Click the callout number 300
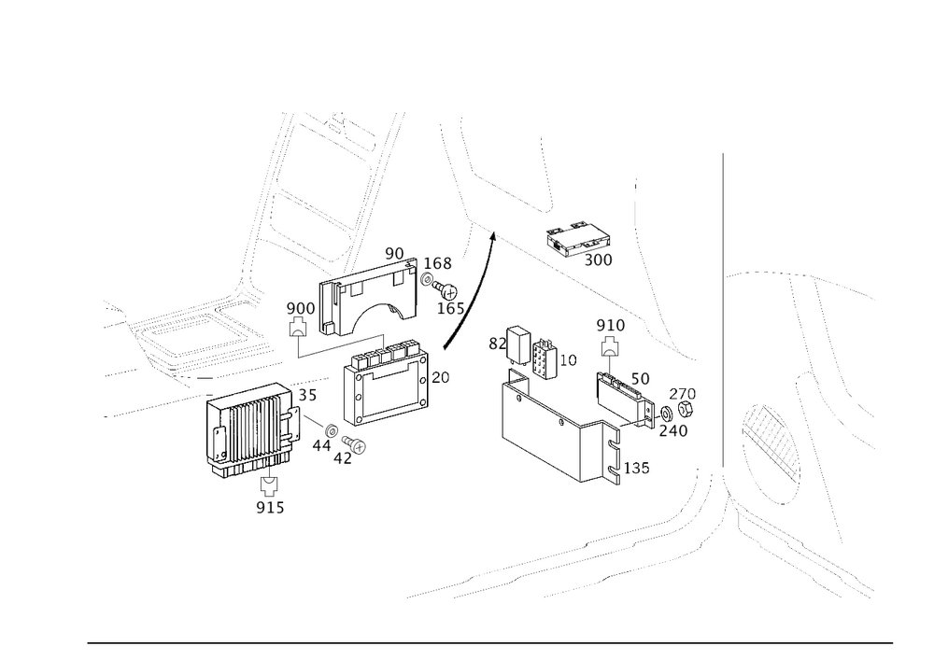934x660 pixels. point(598,260)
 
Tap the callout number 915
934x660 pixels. point(271,508)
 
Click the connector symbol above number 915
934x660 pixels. point(270,486)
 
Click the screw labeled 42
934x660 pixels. point(354,443)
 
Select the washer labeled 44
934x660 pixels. point(332,429)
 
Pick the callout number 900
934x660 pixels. point(301,308)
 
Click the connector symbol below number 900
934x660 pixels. point(297,328)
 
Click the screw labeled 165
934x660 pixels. point(445,291)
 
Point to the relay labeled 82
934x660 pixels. point(517,344)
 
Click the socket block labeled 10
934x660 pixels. point(545,358)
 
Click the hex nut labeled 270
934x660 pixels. point(685,409)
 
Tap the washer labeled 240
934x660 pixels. point(665,413)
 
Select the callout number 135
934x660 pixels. point(636,469)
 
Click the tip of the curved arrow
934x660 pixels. point(493,232)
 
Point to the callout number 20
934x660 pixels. point(440,377)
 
